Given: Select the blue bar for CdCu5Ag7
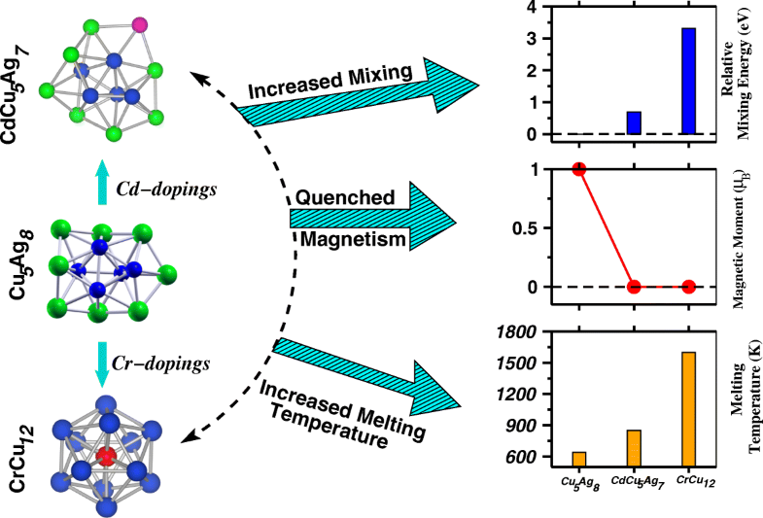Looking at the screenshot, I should [x=634, y=122].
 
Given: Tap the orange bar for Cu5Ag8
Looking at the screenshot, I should [x=579, y=459].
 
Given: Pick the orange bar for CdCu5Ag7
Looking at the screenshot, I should [x=634, y=447].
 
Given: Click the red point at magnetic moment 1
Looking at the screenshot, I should [x=579, y=168].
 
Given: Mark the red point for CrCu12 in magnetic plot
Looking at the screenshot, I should [x=687, y=287].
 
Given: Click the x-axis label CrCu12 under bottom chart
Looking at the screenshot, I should [x=689, y=483].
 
